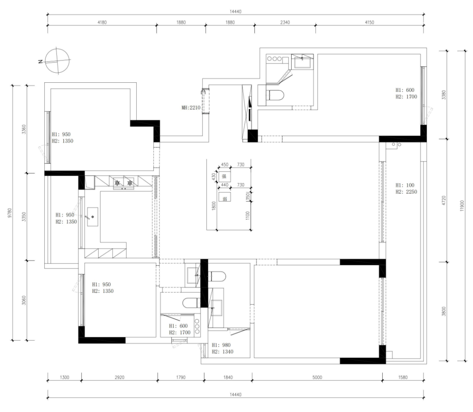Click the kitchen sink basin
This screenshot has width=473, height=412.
[93, 217]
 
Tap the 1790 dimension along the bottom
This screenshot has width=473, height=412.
[180, 377]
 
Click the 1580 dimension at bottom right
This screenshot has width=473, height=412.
[403, 377]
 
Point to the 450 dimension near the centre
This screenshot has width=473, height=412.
[225, 165]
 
